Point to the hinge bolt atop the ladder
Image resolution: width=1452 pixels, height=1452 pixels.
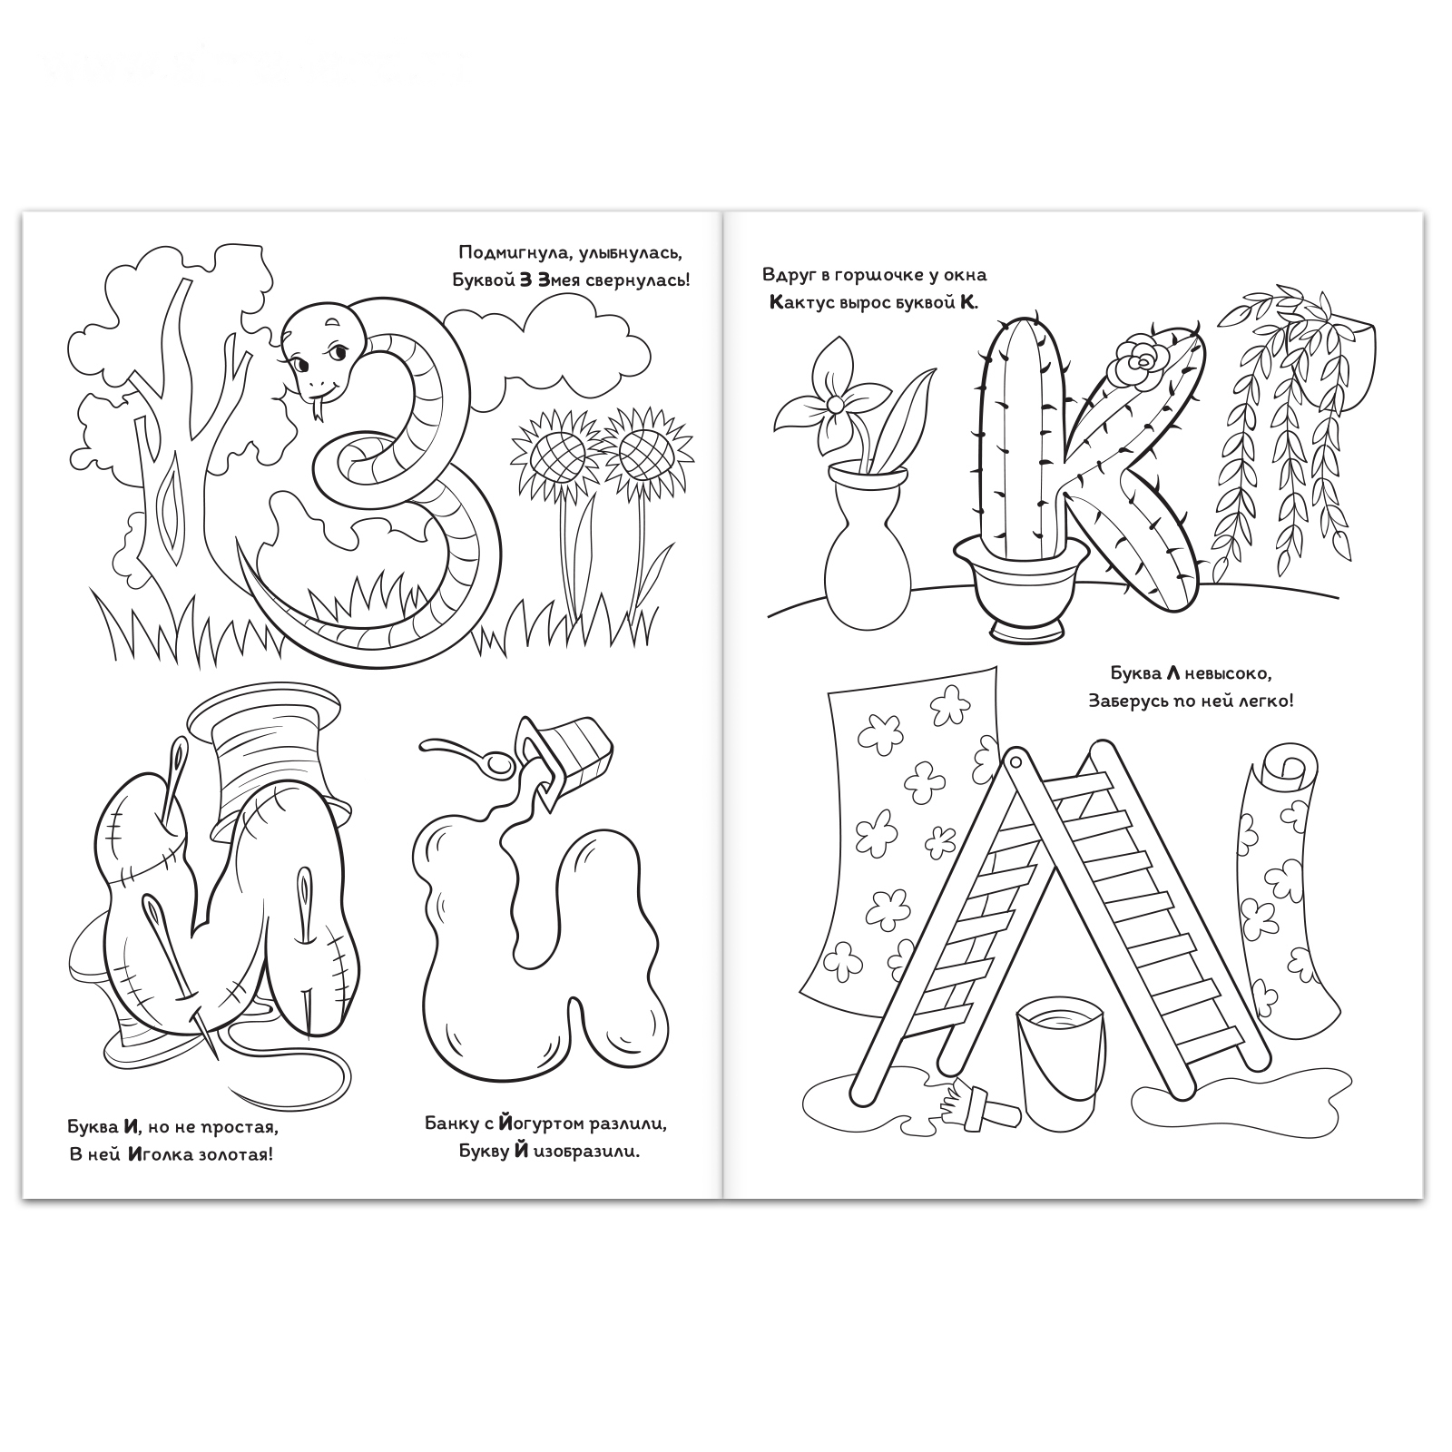coord(1015,760)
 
